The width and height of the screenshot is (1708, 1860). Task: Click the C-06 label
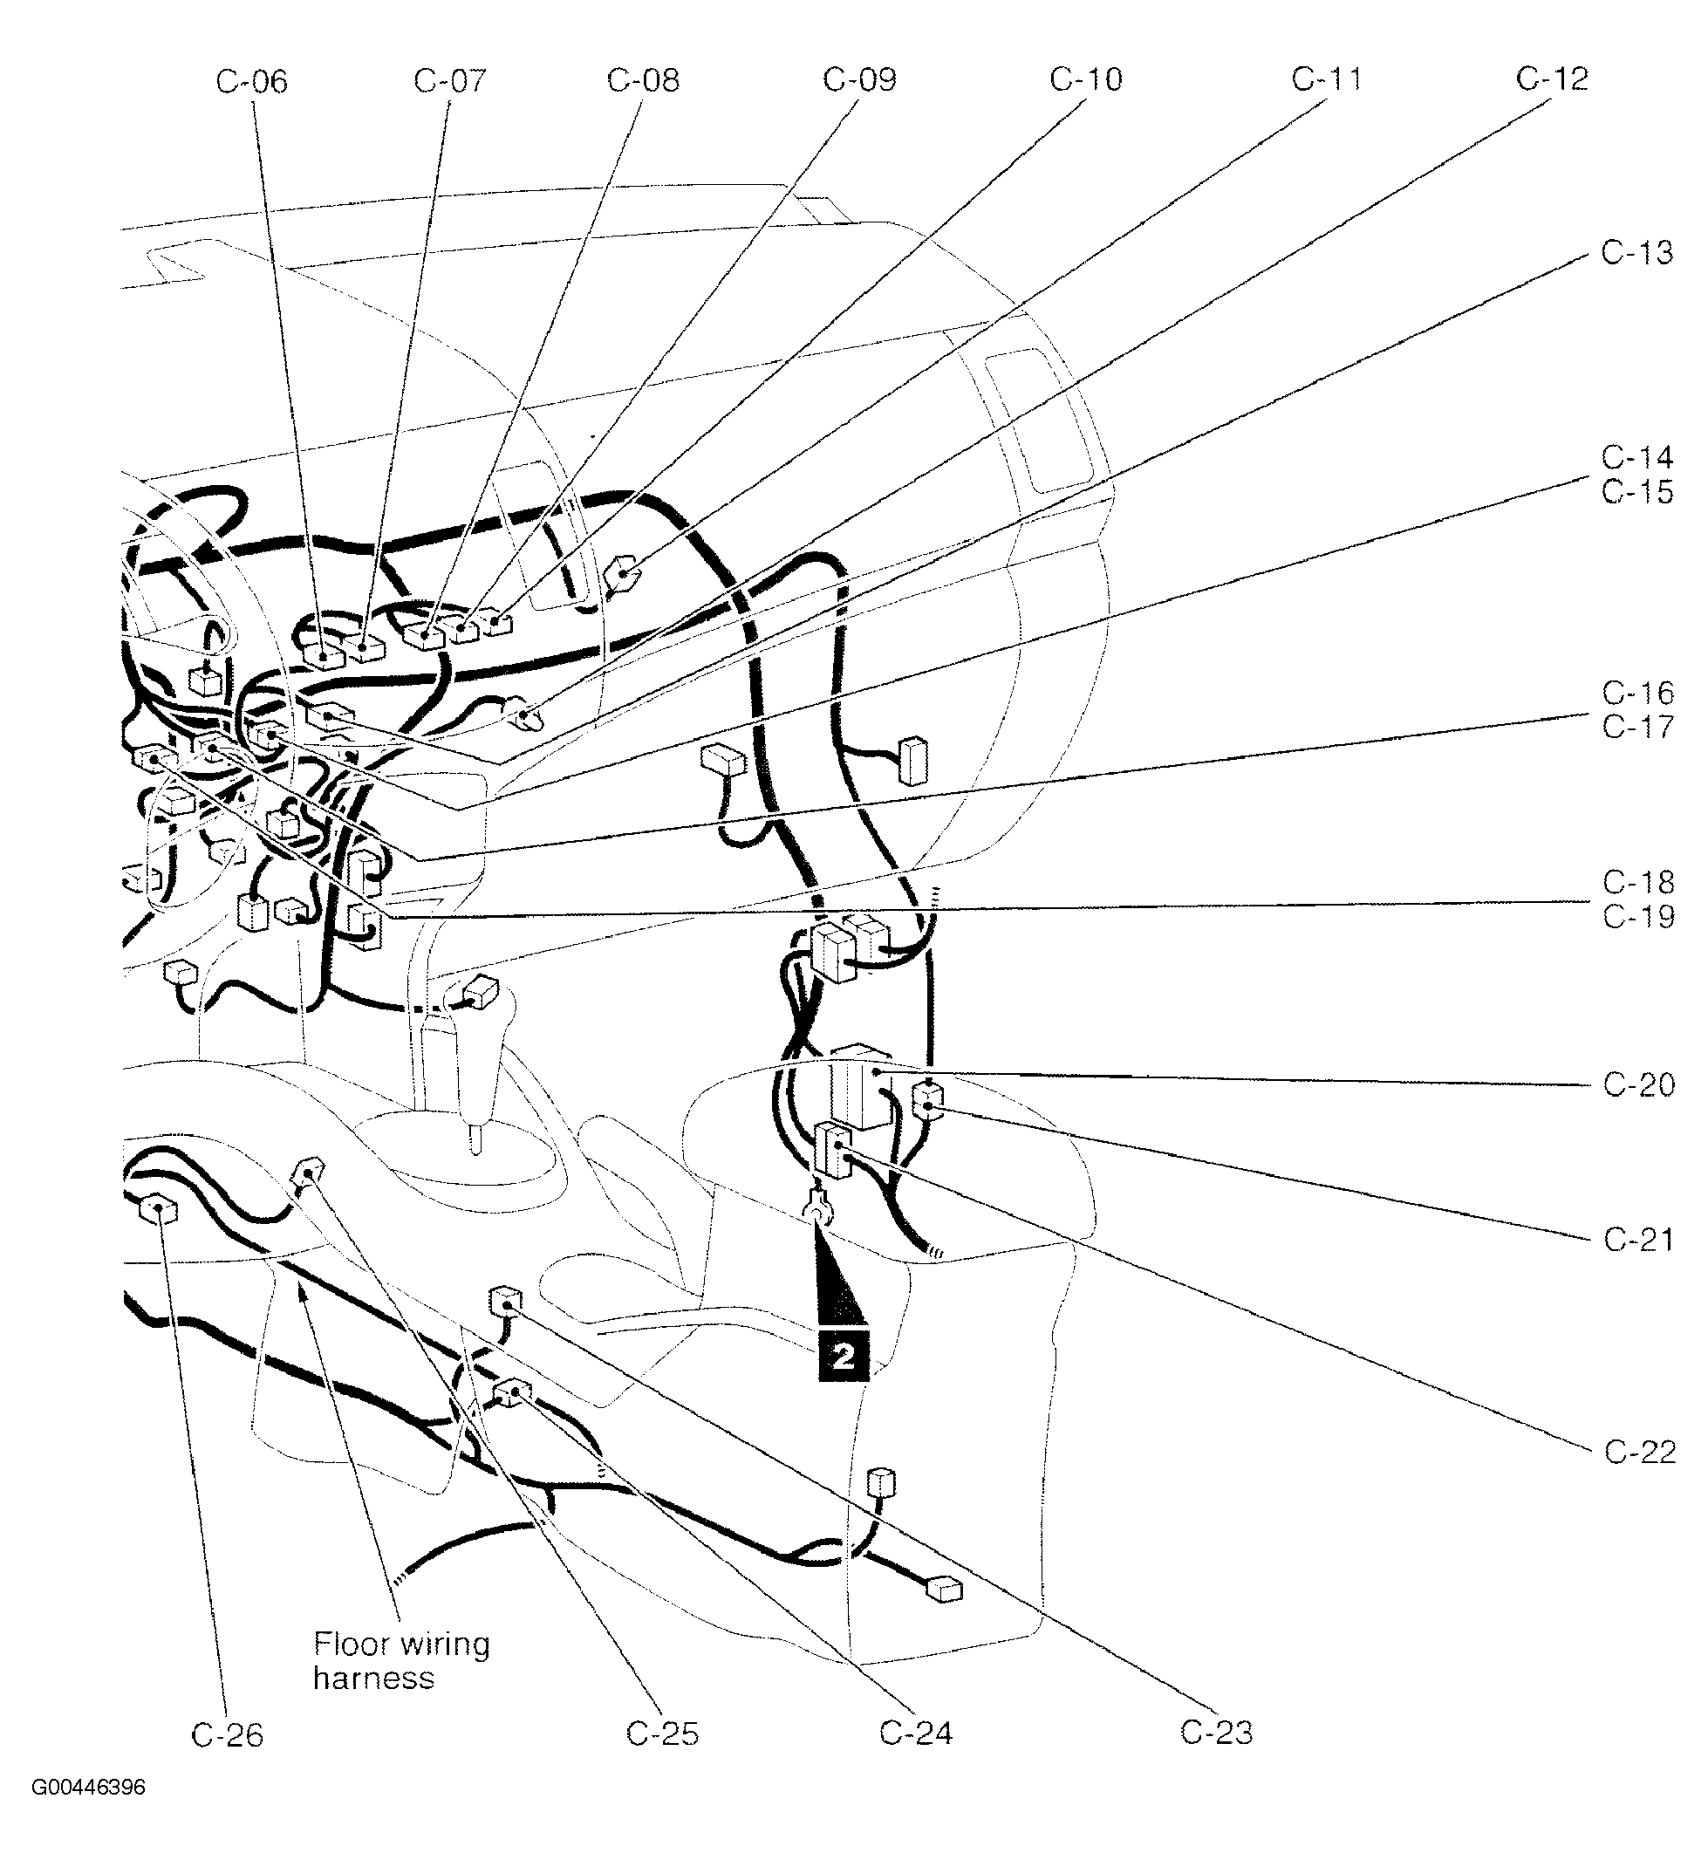click(251, 82)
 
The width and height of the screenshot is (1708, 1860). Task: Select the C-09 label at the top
click(859, 80)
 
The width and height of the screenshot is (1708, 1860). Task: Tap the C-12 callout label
click(1552, 80)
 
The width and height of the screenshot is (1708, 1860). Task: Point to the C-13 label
click(1636, 253)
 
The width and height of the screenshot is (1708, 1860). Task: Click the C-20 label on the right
click(1639, 1084)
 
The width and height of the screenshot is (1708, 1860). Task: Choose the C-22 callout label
click(1640, 1453)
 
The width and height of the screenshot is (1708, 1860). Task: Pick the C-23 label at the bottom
click(1216, 1733)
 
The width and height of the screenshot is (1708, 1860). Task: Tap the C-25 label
click(662, 1734)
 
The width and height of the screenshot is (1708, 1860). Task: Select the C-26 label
click(228, 1736)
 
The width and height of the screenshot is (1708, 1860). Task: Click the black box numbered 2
click(843, 1357)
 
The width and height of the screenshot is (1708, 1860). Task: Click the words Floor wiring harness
click(400, 1661)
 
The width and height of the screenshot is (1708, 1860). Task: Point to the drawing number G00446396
click(89, 1814)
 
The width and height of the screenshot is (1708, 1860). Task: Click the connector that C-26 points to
click(157, 1208)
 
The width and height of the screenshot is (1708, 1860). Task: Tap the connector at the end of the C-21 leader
click(928, 1100)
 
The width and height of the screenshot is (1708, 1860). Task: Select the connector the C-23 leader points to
click(502, 1302)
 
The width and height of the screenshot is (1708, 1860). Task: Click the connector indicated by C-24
click(511, 1392)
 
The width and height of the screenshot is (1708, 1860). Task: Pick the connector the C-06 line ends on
click(324, 655)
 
